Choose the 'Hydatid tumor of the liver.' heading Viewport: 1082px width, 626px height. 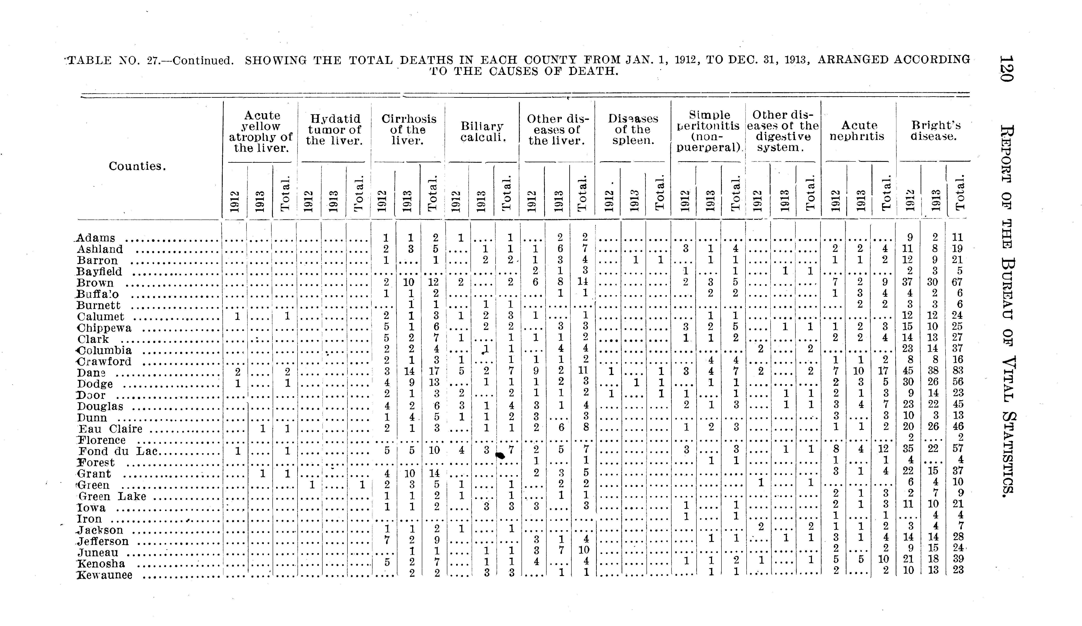pos(334,130)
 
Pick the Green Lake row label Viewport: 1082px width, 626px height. pos(113,496)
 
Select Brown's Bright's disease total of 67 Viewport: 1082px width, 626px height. pos(957,282)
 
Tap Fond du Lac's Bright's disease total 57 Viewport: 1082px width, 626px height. pos(957,450)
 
